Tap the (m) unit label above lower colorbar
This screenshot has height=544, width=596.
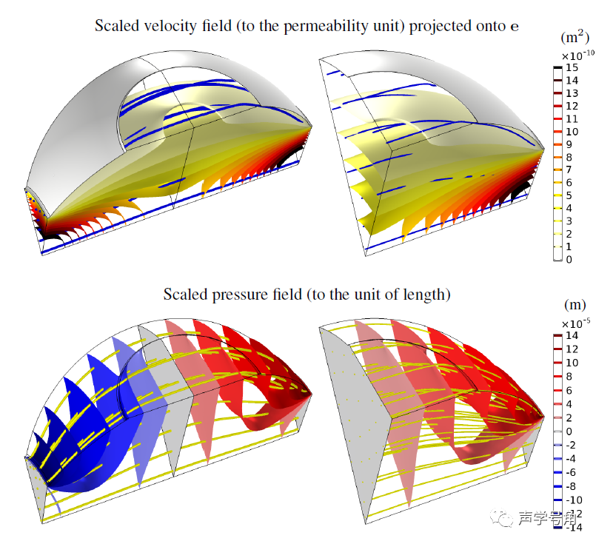pos(575,304)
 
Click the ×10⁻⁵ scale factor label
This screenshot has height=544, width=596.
pos(575,323)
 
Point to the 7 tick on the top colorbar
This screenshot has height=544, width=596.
pos(569,170)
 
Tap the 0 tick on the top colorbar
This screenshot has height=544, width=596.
pos(569,260)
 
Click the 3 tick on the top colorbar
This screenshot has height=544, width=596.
pos(569,221)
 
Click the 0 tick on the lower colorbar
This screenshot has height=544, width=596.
pos(569,431)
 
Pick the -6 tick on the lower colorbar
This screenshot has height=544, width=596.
pos(571,472)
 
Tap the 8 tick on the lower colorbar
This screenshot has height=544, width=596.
pos(569,377)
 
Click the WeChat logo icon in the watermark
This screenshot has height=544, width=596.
pos(506,519)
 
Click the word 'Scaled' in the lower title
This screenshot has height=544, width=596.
pos(184,294)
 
